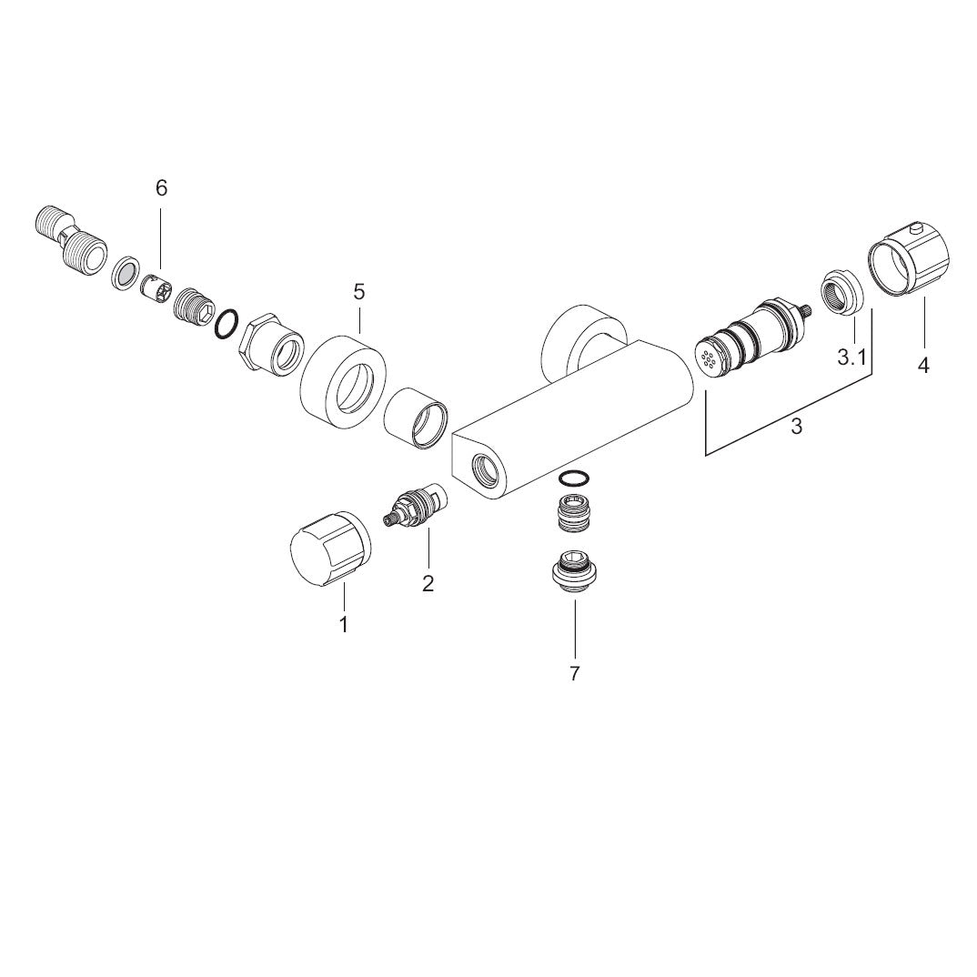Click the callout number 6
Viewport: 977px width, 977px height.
click(161, 187)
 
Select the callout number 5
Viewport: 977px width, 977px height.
click(359, 291)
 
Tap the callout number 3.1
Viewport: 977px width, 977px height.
click(851, 357)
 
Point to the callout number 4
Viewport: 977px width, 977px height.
click(923, 365)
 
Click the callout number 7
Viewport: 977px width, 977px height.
click(575, 673)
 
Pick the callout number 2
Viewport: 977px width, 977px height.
click(428, 584)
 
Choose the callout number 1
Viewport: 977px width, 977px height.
click(343, 624)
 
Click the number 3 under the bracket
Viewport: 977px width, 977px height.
click(796, 427)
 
